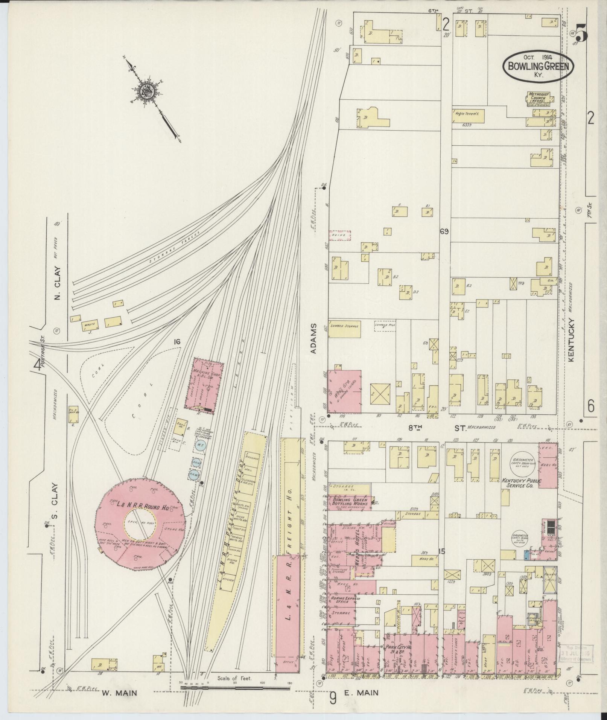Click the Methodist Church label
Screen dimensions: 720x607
(539, 96)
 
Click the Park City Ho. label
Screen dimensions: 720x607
(398, 647)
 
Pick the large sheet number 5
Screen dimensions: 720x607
(582, 35)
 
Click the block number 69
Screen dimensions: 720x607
(444, 232)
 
